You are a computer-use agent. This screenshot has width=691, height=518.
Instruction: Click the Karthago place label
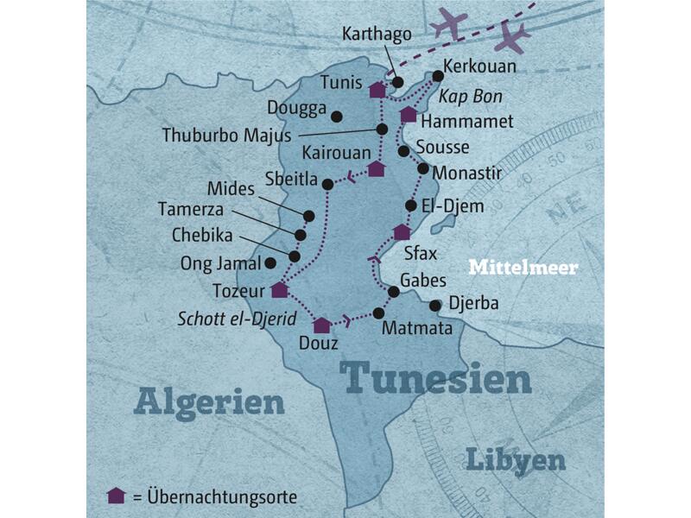377,35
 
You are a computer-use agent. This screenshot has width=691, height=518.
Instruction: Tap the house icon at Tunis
377,90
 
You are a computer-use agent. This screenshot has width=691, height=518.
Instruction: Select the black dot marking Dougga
337,117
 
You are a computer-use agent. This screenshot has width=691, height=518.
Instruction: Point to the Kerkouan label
479,66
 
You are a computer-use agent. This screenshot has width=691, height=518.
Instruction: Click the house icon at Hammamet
409,114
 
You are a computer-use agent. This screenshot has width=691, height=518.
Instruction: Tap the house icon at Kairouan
376,168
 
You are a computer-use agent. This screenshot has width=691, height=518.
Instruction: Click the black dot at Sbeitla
327,184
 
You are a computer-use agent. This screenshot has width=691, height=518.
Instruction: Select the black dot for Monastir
423,169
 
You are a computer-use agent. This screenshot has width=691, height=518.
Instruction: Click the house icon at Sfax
402,232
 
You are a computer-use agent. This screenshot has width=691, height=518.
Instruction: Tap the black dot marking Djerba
434,304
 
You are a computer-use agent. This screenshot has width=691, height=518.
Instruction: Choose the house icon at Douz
322,325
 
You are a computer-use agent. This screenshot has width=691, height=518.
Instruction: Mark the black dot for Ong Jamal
270,262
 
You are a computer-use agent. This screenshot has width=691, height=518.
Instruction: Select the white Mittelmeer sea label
523,268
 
